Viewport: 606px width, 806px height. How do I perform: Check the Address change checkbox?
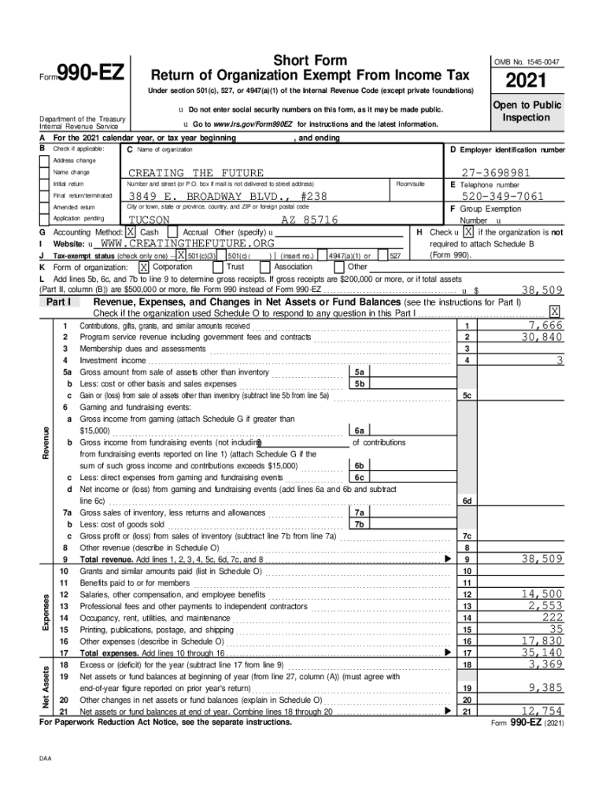tap(45, 161)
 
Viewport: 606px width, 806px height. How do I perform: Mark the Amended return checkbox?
tap(45, 206)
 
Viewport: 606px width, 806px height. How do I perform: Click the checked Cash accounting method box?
tap(130, 233)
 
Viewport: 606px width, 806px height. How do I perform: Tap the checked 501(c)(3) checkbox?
tap(181, 255)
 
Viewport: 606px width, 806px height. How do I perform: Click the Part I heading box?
tap(59, 301)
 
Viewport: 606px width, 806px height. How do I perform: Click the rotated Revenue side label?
tap(46, 444)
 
